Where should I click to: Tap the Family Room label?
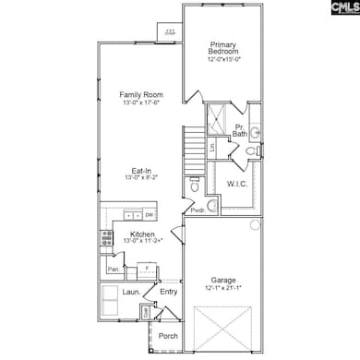pos(141,94)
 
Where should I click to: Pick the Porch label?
pos(168,336)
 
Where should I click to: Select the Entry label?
pos(168,293)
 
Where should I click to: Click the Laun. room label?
pos(132,293)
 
